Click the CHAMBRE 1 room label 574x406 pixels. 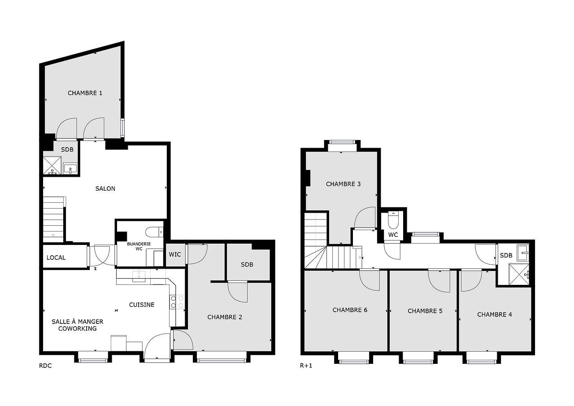[x=85, y=93]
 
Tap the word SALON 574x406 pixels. [x=105, y=188]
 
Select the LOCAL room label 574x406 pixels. [x=56, y=258]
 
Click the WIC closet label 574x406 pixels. [x=175, y=254]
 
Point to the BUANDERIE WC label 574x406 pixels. [x=139, y=246]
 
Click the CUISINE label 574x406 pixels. [x=142, y=305]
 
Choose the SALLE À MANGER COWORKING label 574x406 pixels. [x=77, y=325]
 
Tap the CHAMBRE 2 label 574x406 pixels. [x=225, y=317]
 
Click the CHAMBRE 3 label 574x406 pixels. [x=343, y=184]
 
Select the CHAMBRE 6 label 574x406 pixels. [x=350, y=310]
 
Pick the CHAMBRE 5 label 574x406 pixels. [x=425, y=311]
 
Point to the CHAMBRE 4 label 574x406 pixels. [x=494, y=314]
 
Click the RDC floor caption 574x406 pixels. [x=45, y=366]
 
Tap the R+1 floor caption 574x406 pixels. [x=306, y=366]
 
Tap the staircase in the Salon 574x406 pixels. [x=53, y=220]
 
